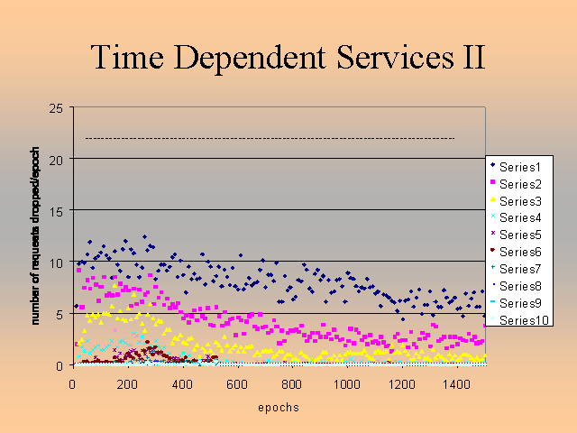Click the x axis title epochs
[279, 408]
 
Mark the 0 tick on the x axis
[72, 383]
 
